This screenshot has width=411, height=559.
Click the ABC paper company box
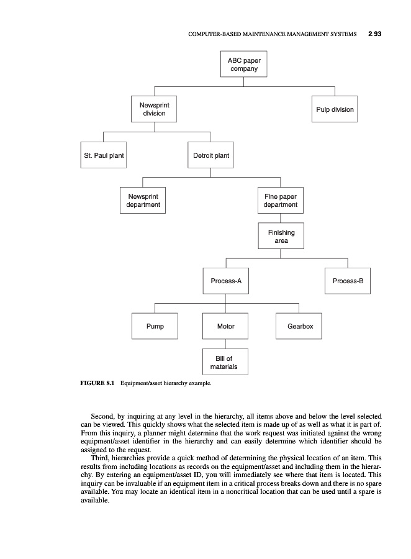click(243, 65)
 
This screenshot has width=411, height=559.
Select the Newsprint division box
click(154, 109)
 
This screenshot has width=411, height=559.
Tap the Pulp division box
click(334, 109)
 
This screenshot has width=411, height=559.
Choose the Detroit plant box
click(210, 155)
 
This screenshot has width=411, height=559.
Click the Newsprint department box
click(142, 201)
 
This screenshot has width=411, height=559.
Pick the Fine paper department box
click(280, 201)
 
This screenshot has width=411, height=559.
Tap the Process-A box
click(225, 281)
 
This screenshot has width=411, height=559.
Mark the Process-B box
click(348, 281)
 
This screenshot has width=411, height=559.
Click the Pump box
click(155, 326)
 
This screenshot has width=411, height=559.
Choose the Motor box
click(225, 326)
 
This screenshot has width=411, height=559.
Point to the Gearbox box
click(299, 326)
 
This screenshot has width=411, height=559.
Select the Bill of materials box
click(225, 363)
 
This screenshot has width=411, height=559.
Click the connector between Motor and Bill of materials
click(225, 343)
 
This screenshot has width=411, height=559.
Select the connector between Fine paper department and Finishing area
click(281, 218)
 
